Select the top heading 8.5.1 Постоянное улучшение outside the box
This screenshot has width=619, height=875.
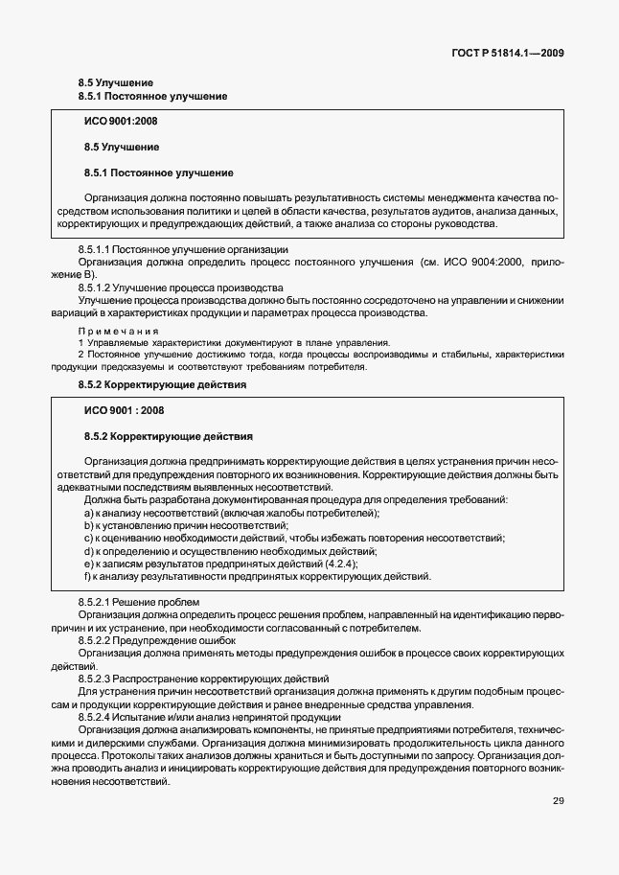(151, 97)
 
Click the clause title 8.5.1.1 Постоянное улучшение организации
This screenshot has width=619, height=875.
(184, 249)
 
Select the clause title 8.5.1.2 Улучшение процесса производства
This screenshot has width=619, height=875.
(180, 288)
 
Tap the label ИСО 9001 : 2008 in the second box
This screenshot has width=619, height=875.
(125, 411)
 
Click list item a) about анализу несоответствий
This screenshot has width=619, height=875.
(231, 514)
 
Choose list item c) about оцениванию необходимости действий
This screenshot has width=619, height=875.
(287, 539)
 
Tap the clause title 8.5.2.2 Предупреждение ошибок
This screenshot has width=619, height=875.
(156, 640)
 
